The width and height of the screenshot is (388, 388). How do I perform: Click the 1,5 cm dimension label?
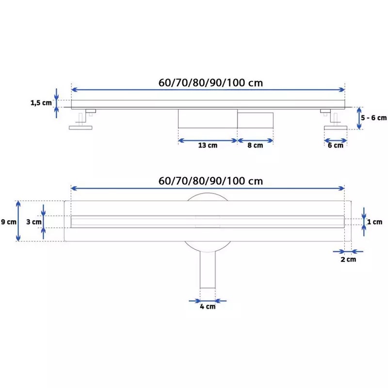coord(41,103)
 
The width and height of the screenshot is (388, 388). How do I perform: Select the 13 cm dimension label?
coord(208,145)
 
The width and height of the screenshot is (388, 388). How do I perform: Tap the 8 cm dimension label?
coord(255,145)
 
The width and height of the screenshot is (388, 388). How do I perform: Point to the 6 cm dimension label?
coord(336,145)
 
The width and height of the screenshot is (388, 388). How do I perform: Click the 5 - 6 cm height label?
coord(373,118)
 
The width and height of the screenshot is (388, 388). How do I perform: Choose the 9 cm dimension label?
coord(9,222)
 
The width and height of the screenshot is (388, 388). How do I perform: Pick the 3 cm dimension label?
coord(34,222)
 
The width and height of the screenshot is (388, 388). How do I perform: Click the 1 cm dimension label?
coord(374,222)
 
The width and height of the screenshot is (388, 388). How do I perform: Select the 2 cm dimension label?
coord(348,259)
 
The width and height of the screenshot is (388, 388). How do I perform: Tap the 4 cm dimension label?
coord(208,307)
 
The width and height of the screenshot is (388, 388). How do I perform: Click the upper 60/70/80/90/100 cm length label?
coord(210,82)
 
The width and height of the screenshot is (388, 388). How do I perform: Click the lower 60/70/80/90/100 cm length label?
coord(210,181)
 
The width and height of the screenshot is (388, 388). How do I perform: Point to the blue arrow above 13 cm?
coord(208,141)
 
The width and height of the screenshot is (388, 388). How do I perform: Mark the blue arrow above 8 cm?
coord(255,141)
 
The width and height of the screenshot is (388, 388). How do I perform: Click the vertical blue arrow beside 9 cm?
coord(18,221)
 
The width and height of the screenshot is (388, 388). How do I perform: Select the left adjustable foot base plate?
coord(81,128)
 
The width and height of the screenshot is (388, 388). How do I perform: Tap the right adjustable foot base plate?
coord(336,128)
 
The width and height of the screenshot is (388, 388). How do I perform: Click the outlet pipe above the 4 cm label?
coord(208,270)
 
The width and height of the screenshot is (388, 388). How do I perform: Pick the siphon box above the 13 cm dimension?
coord(208,119)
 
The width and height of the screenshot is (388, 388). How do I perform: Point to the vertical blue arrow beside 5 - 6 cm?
coord(359,118)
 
